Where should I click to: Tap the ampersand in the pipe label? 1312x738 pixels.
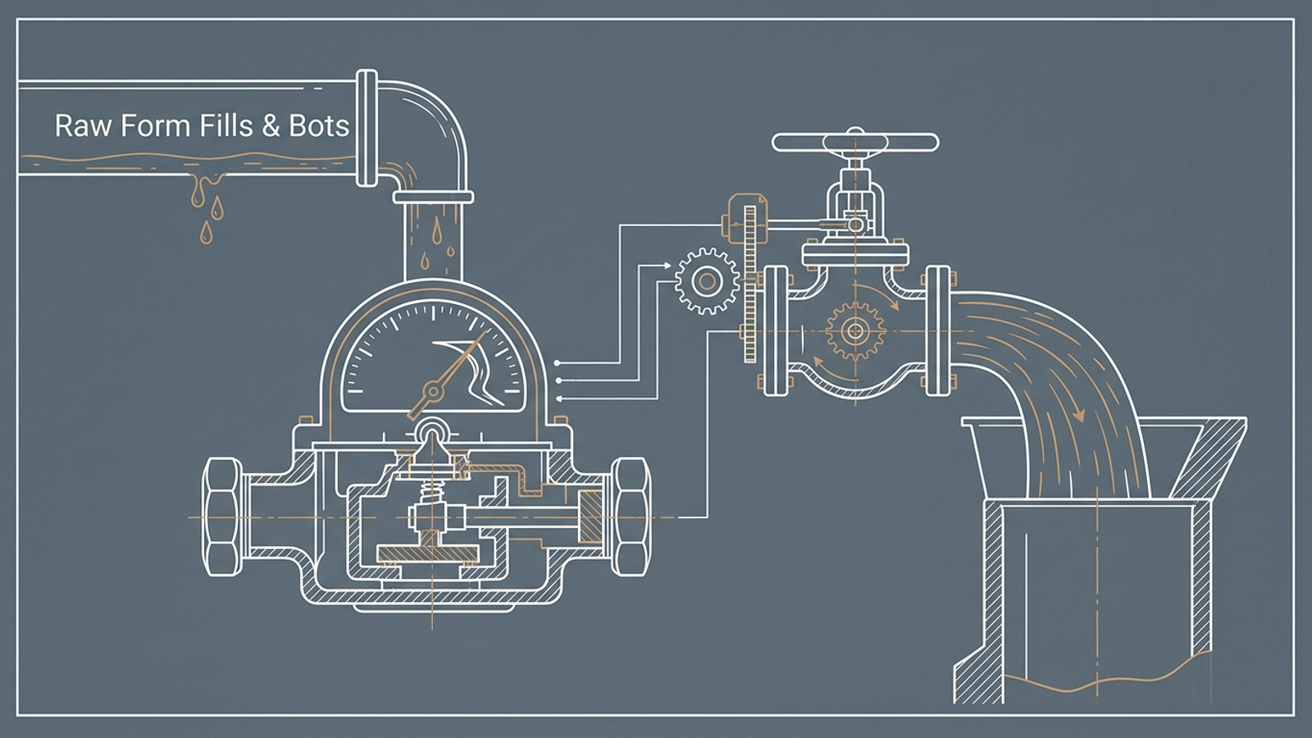(x=271, y=126)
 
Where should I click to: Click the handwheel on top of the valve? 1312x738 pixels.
(x=855, y=143)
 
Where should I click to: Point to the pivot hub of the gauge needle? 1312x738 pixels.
(x=434, y=390)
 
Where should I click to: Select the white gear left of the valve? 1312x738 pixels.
(x=707, y=281)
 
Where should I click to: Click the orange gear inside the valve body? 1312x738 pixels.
(x=854, y=331)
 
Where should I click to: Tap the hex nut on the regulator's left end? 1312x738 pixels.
(x=222, y=517)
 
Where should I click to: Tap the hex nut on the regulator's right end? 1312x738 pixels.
(x=631, y=517)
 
